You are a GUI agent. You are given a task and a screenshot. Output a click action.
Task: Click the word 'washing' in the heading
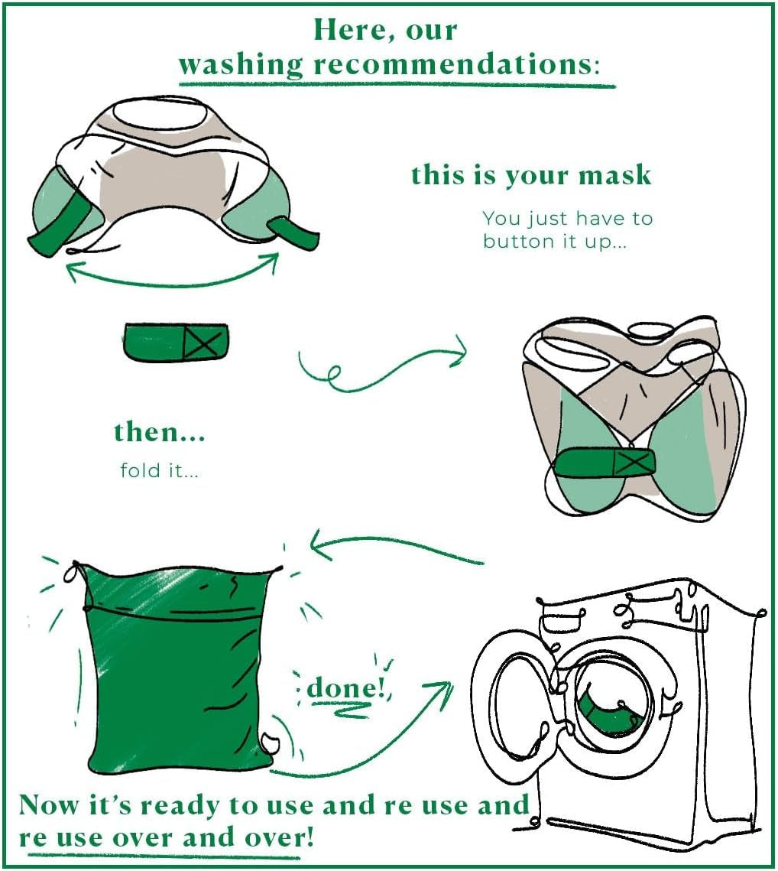241,65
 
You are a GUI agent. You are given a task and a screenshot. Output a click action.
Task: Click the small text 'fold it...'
160,470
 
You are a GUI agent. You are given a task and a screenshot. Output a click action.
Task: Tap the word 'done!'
346,687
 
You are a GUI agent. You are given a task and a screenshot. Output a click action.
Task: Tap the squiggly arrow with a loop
383,366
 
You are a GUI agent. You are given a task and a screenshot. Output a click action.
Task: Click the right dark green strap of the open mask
294,233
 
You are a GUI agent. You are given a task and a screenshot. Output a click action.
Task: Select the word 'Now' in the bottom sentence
48,805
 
